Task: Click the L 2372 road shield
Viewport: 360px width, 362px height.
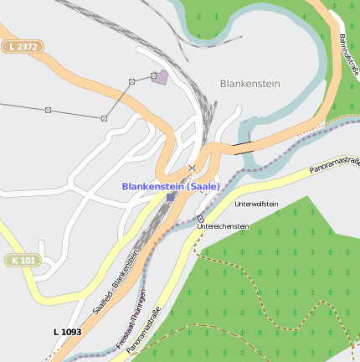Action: pos(23,47)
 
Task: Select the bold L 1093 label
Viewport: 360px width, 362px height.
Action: pos(67,332)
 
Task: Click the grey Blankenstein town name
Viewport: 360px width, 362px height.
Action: pos(249,84)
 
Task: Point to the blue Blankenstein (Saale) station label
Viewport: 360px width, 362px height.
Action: pos(171,186)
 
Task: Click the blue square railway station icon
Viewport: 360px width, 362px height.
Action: pos(171,197)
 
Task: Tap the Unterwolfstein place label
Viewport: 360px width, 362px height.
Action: pos(256,204)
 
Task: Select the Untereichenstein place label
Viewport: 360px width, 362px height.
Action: pos(223,226)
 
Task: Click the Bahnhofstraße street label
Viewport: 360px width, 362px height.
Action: pos(349,54)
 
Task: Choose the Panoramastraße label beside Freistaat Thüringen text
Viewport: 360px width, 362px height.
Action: pos(142,328)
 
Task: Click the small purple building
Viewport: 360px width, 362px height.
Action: pos(161,78)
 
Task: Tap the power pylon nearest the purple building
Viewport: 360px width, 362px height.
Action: pos(154,75)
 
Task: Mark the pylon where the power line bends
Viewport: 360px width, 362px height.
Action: pos(104,118)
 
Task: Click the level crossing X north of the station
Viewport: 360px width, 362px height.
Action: pos(192,168)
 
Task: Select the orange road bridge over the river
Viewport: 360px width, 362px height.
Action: pos(243,147)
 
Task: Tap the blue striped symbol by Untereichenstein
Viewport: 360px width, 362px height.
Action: pos(200,218)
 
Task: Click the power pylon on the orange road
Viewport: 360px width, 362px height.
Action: pos(131,81)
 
